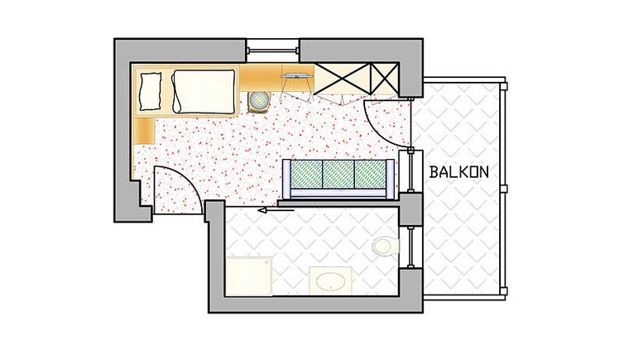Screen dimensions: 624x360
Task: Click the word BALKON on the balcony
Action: (x=458, y=172)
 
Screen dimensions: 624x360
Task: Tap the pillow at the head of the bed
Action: (x=150, y=92)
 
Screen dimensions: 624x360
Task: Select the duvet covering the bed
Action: (x=204, y=92)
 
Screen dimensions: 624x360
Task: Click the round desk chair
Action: (x=259, y=102)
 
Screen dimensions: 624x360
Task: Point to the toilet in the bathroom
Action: (x=386, y=246)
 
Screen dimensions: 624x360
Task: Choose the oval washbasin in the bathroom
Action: (x=330, y=281)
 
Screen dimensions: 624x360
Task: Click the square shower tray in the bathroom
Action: (x=249, y=276)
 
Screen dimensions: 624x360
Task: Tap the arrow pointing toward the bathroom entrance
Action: (x=276, y=210)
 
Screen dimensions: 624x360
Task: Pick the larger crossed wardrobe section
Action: (x=343, y=79)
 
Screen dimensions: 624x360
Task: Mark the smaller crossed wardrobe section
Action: (x=385, y=79)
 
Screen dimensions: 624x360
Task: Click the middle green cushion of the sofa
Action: (x=338, y=175)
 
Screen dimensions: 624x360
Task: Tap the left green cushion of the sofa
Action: (x=307, y=175)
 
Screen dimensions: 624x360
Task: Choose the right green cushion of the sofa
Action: (x=370, y=175)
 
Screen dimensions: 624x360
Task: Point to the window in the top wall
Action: (x=272, y=50)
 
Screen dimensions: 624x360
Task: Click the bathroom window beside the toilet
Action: (x=410, y=247)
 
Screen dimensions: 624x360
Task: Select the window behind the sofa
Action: (x=410, y=170)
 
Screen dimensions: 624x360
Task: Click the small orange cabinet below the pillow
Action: (x=144, y=131)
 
